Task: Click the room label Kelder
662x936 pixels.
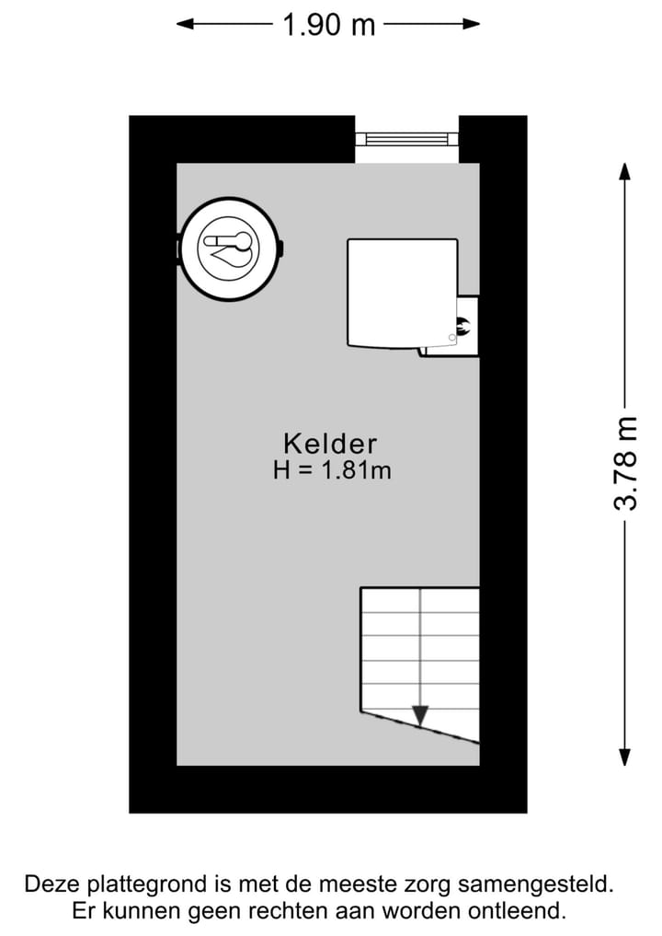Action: (x=330, y=444)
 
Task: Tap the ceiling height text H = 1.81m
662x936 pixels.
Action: (x=332, y=470)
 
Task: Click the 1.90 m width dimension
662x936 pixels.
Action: (x=328, y=25)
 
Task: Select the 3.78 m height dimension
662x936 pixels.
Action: (x=626, y=463)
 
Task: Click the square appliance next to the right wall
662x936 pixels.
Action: (x=402, y=293)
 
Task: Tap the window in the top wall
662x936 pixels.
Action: (x=406, y=139)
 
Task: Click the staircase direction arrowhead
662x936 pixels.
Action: (x=420, y=714)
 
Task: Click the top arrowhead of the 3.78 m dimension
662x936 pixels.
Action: (x=624, y=172)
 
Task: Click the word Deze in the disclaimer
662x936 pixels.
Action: (x=51, y=885)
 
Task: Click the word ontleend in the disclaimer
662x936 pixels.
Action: (x=529, y=912)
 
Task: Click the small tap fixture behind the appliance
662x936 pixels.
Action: (x=462, y=324)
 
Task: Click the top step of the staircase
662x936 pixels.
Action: (x=420, y=599)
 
